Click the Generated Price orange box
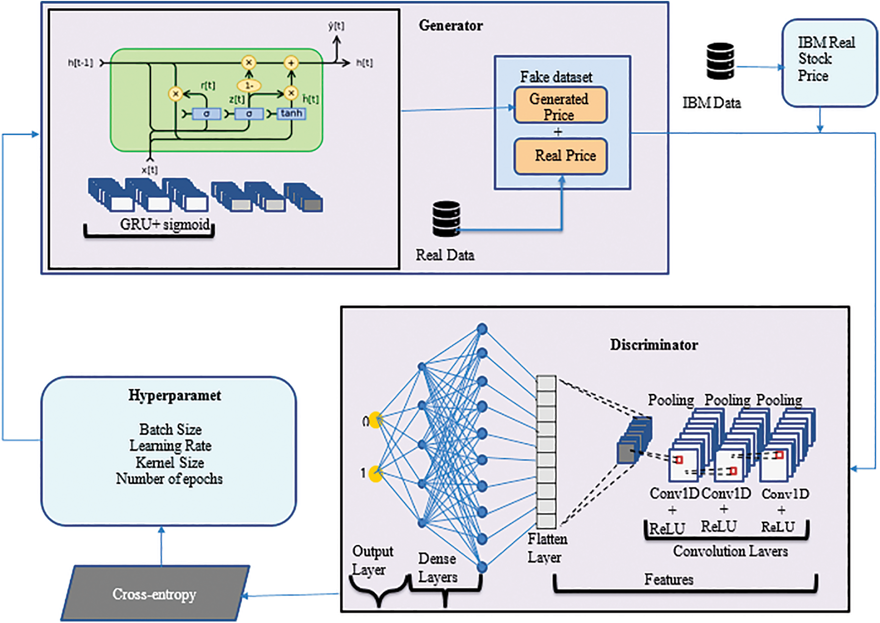pyautogui.click(x=560, y=106)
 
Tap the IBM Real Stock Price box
pyautogui.click(x=829, y=63)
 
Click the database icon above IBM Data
pyautogui.click(x=720, y=61)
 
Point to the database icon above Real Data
pyautogui.click(x=446, y=219)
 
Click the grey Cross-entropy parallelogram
pyautogui.click(x=154, y=594)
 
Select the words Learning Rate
pyautogui.click(x=170, y=446)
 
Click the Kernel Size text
pyautogui.click(x=169, y=462)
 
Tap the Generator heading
pyautogui.click(x=451, y=26)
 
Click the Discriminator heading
pyautogui.click(x=653, y=345)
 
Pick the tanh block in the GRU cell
pyautogui.click(x=291, y=114)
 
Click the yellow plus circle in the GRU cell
pyautogui.click(x=291, y=63)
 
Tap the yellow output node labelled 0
pyautogui.click(x=376, y=420)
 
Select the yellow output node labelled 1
pyautogui.click(x=376, y=474)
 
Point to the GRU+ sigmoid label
pyautogui.click(x=164, y=224)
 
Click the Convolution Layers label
pyautogui.click(x=730, y=551)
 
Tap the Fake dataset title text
pyautogui.click(x=556, y=77)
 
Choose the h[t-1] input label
pyautogui.click(x=81, y=63)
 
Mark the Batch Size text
pyautogui.click(x=170, y=430)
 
